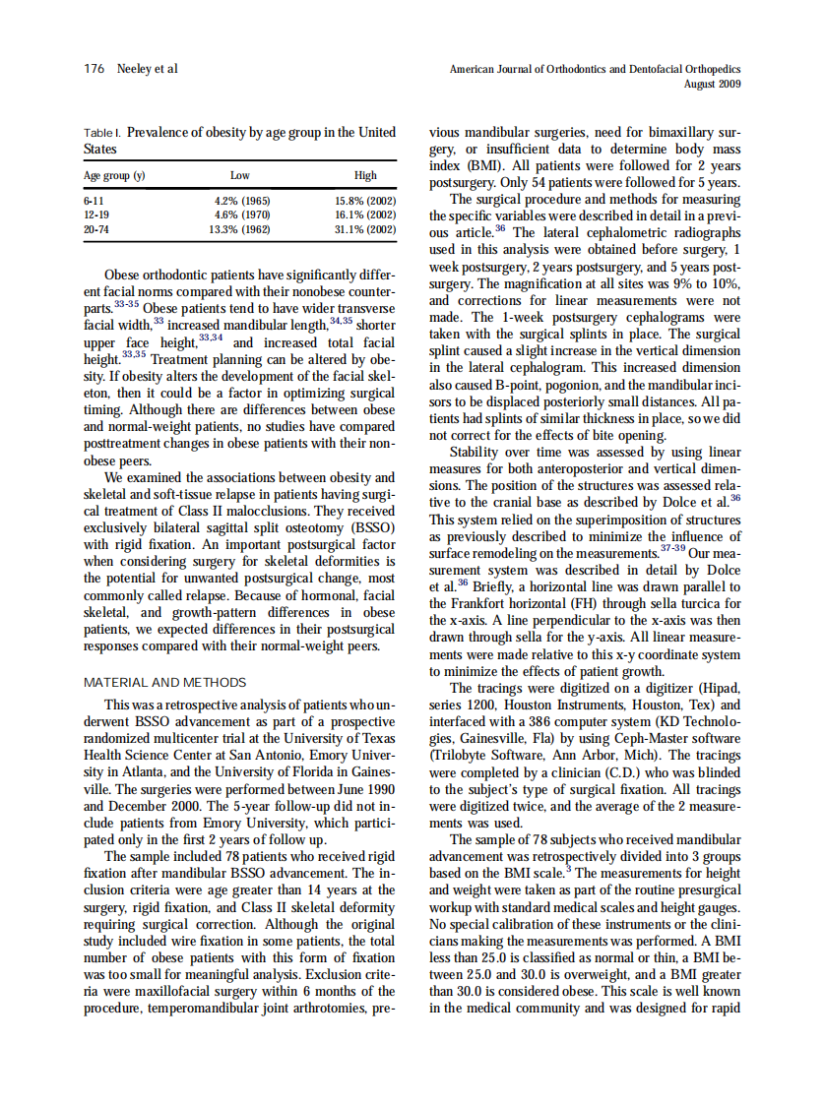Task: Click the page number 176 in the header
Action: tap(94, 69)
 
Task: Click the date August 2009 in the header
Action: tap(712, 84)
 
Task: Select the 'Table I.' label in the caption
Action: tap(102, 133)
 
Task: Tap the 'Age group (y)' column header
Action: tap(114, 175)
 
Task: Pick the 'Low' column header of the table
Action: tap(239, 175)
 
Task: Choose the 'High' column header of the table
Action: tap(365, 175)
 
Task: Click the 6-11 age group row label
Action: tap(95, 201)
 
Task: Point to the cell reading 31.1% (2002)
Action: tap(365, 228)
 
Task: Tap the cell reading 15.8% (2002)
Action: tap(365, 201)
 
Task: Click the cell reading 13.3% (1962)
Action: tap(240, 228)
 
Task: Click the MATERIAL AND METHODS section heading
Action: tap(165, 682)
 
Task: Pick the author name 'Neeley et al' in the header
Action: tap(148, 69)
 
